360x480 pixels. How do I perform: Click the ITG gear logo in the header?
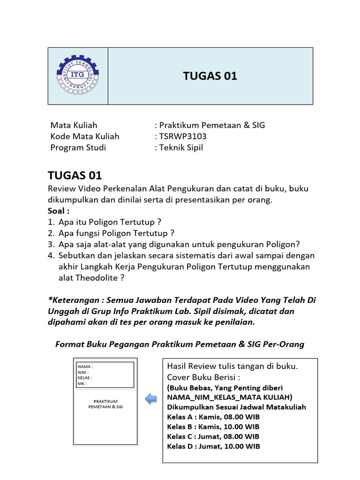click(x=78, y=75)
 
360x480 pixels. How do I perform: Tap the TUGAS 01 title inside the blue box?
click(x=210, y=76)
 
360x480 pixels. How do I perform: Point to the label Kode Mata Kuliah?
click(x=85, y=136)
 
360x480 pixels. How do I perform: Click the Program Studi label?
click(x=78, y=148)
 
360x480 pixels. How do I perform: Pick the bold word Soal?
click(x=58, y=210)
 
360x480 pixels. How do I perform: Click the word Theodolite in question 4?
click(x=98, y=278)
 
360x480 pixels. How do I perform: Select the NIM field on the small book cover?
click(x=83, y=372)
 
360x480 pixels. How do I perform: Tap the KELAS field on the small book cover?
click(x=85, y=378)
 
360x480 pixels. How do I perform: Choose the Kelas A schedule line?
click(x=213, y=417)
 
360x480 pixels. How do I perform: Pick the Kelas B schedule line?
click(x=213, y=427)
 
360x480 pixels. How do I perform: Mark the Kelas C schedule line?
click(x=213, y=436)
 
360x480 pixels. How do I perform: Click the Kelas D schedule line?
click(x=213, y=446)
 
